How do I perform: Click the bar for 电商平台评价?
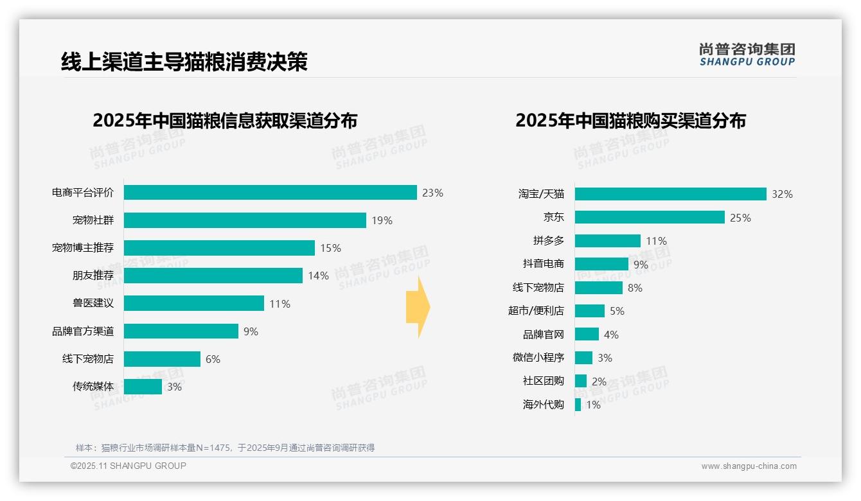coord(270,193)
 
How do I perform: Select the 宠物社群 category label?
coord(93,220)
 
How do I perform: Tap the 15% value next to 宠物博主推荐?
coord(330,248)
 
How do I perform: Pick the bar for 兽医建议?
coord(193,303)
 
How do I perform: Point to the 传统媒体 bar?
coord(143,387)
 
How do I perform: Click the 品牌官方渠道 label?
coord(83,331)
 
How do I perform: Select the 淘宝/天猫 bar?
coord(670,194)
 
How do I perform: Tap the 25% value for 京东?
coord(740,218)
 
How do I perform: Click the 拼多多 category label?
coord(548,241)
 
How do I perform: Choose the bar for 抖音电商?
coord(601,264)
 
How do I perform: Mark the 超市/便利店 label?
coord(536,311)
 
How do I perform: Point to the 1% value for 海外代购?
coord(593,405)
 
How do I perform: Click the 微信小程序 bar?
coord(583,358)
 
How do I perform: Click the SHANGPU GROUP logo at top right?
coord(747,55)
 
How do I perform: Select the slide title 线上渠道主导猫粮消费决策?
coord(184,62)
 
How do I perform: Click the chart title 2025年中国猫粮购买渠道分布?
coord(630,121)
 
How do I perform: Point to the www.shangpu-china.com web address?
coord(749,466)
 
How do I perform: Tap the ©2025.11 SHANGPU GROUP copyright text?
coord(129,466)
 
